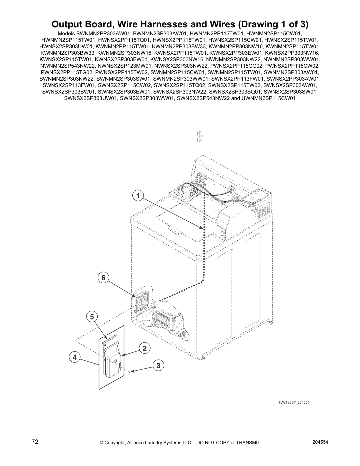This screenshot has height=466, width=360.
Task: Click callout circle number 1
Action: pos(138,195)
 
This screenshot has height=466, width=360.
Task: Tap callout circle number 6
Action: pos(103,278)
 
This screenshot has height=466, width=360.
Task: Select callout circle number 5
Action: pos(92,317)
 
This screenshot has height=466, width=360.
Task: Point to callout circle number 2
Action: pos(144,348)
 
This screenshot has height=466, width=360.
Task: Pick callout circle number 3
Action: pos(158,366)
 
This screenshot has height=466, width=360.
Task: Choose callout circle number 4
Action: pos(75,357)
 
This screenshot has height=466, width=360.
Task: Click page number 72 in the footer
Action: pos(35,442)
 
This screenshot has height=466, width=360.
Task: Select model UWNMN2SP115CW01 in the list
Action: pos(268,98)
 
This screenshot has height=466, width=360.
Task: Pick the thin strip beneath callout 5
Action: pos(109,336)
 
